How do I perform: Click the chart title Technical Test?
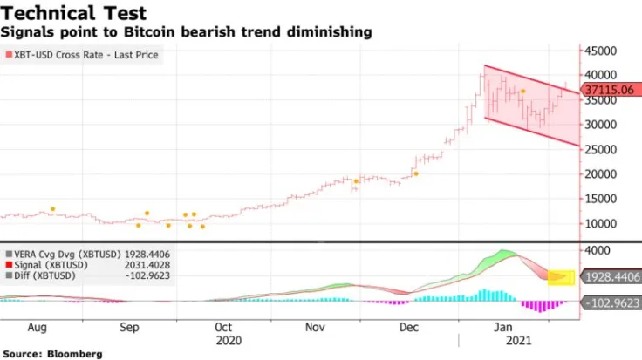pyautogui.click(x=73, y=13)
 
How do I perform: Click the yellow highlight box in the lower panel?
pyautogui.click(x=561, y=277)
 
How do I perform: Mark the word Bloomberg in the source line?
pyautogui.click(x=74, y=353)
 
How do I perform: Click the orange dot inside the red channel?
pyautogui.click(x=522, y=92)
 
